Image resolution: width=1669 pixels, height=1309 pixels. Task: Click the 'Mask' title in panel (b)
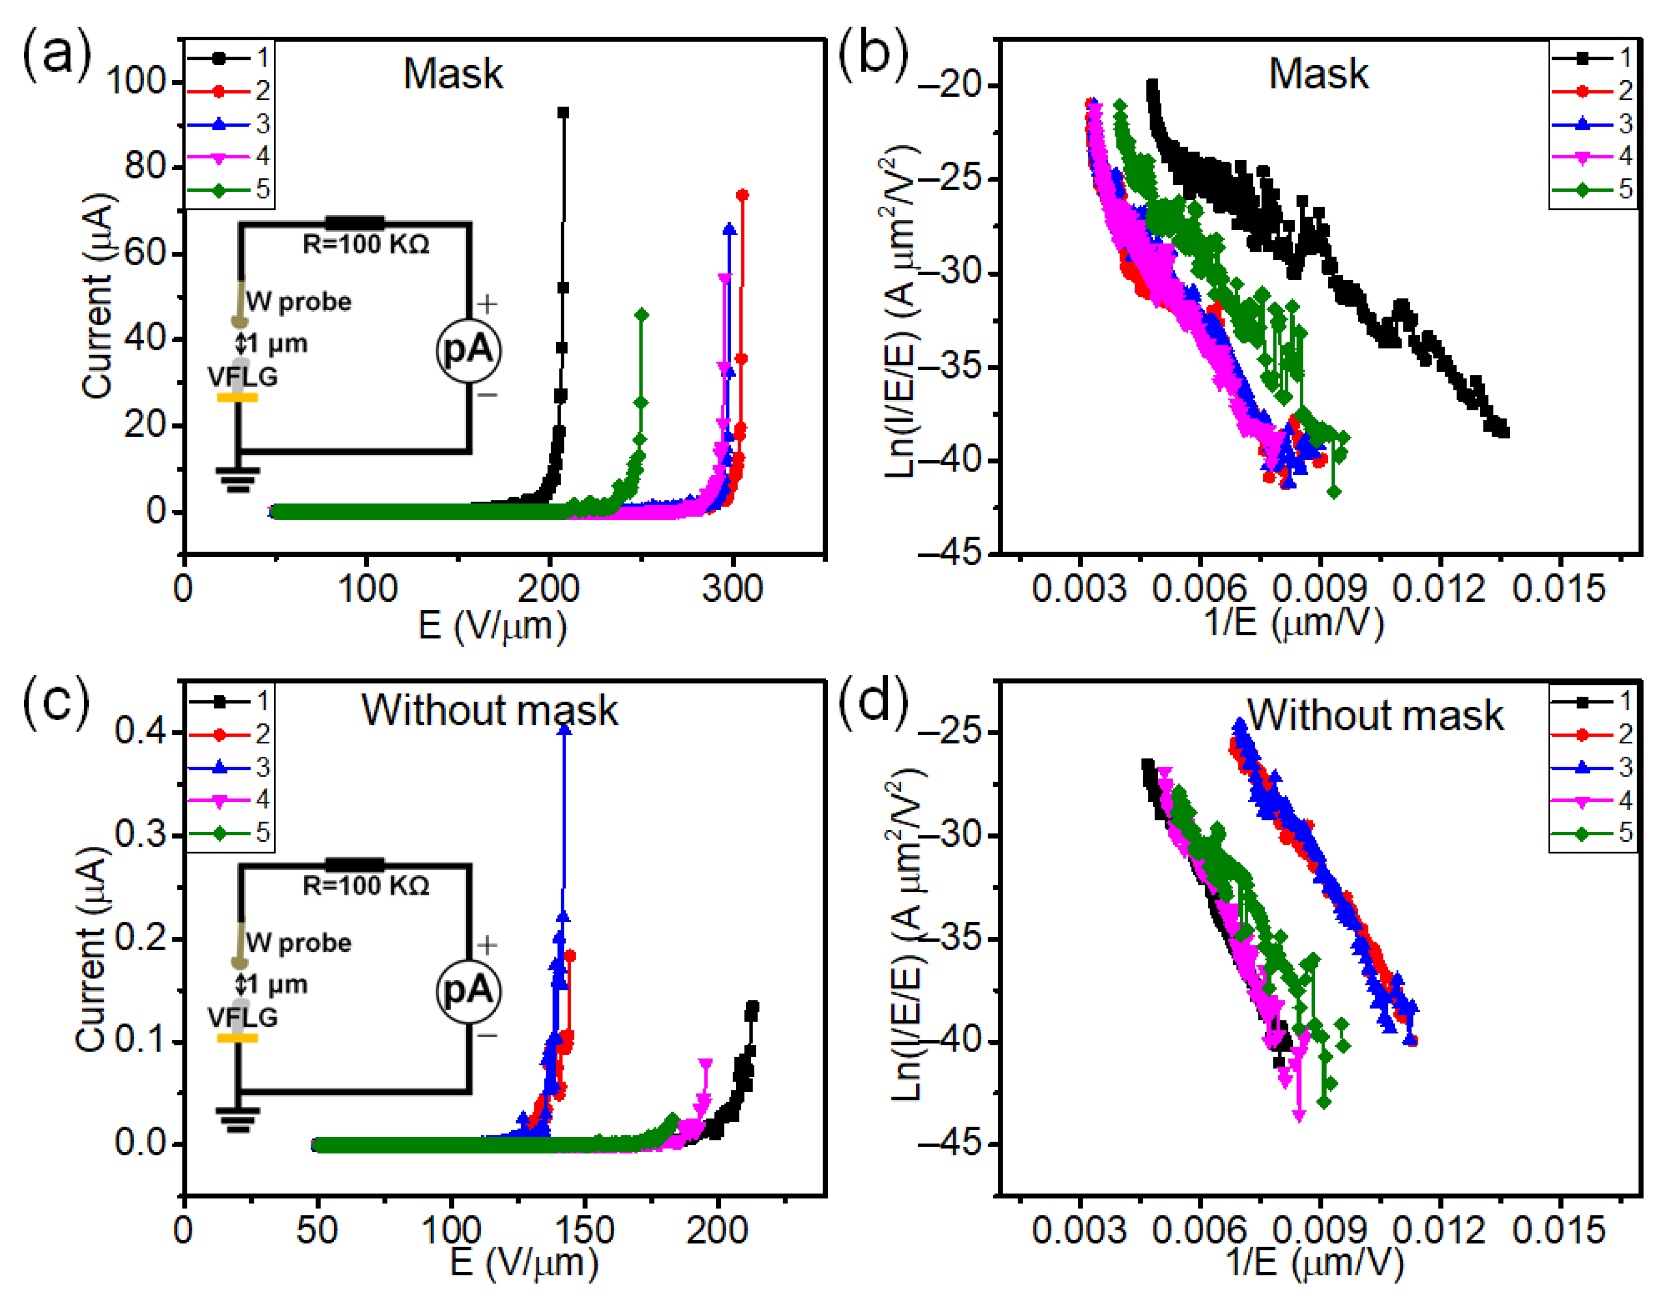click(x=1317, y=74)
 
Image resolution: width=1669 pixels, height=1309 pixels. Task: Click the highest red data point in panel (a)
click(x=742, y=195)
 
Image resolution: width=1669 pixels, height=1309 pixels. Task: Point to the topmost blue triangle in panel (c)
click(x=564, y=729)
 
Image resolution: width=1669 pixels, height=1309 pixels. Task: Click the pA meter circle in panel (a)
click(x=468, y=349)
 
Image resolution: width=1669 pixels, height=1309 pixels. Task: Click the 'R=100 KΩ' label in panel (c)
click(x=366, y=885)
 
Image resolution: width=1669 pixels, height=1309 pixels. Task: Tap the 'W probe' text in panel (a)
click(x=299, y=301)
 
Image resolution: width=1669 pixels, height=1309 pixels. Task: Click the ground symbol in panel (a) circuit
click(x=238, y=480)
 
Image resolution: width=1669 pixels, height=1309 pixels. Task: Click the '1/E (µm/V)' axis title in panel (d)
click(x=1313, y=1263)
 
